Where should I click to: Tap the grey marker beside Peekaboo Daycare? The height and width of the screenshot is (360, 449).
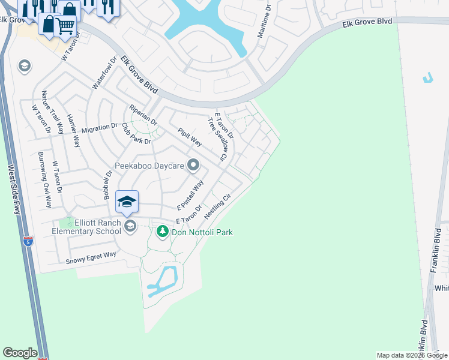pos(193,164)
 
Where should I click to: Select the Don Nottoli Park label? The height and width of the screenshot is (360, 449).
pos(203,232)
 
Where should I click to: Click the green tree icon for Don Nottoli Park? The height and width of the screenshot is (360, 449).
pos(161,231)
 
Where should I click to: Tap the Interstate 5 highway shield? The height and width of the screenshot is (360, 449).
pos(27,242)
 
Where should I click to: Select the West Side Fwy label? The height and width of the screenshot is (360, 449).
pos(14,189)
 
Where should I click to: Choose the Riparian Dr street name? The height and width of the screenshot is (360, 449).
pos(143,114)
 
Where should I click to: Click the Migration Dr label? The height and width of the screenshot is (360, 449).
pos(99,128)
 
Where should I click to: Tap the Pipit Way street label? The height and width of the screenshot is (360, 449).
pos(189,137)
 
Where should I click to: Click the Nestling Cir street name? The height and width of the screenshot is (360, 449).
pos(217,206)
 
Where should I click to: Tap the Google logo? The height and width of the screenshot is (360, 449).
pos(20,353)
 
